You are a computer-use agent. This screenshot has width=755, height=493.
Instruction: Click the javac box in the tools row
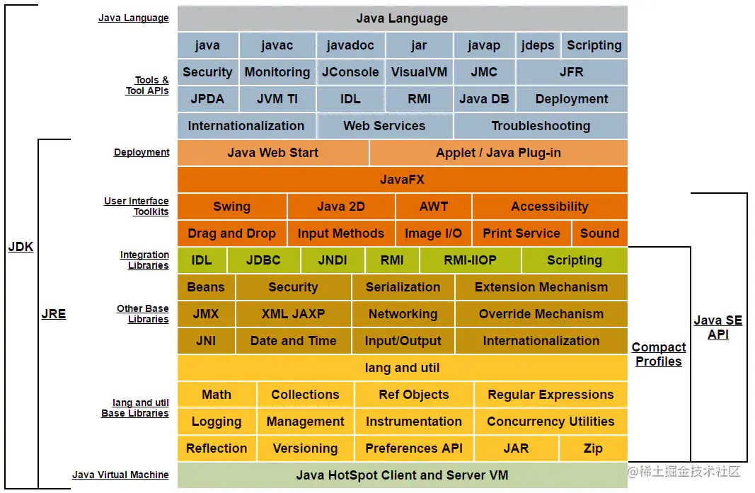277,45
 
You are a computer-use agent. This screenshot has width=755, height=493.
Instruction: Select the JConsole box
350,72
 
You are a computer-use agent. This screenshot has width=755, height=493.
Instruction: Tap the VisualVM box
419,72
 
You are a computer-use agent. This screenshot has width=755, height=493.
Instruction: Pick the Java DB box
484,99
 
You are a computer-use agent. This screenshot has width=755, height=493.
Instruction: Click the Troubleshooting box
541,126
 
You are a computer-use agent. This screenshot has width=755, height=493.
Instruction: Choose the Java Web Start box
273,153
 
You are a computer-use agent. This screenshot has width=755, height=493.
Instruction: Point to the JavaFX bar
402,180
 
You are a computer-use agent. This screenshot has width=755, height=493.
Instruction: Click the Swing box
231,207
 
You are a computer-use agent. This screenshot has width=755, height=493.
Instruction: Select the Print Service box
521,233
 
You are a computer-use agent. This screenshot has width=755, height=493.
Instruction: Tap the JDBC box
263,260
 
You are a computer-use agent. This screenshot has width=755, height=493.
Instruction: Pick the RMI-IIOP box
470,260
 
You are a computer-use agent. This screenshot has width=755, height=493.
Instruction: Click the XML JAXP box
293,314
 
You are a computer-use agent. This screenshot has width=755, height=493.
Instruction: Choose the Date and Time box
293,341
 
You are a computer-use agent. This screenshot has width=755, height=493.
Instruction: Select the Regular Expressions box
551,395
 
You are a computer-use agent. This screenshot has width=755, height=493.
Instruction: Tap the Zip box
593,448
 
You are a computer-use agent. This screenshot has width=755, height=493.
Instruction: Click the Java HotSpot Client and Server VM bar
402,475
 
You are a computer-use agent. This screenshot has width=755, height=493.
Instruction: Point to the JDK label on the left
21,247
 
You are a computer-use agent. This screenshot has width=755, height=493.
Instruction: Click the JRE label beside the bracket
53,314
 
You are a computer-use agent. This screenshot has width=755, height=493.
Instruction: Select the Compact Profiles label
658,354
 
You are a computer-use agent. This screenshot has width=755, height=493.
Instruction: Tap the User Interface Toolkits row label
137,207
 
